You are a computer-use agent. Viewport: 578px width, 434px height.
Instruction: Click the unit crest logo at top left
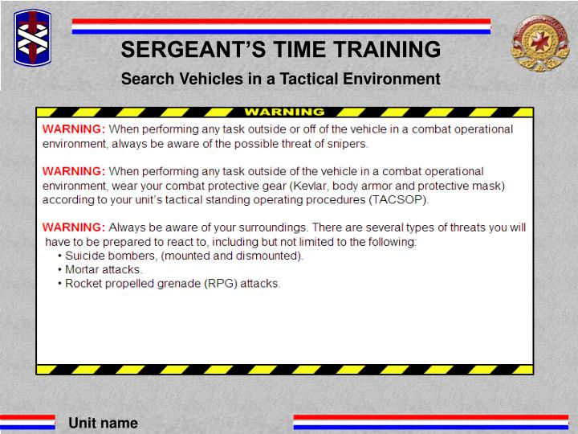click(x=32, y=38)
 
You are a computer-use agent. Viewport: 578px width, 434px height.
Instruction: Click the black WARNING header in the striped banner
click(x=284, y=112)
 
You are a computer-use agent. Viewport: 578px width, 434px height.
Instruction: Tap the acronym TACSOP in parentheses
click(x=396, y=199)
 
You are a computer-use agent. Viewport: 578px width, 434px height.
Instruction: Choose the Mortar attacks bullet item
click(x=104, y=269)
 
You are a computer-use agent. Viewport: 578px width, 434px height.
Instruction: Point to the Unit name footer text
click(x=103, y=423)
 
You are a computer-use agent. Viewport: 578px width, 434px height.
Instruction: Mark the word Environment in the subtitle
click(x=394, y=79)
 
